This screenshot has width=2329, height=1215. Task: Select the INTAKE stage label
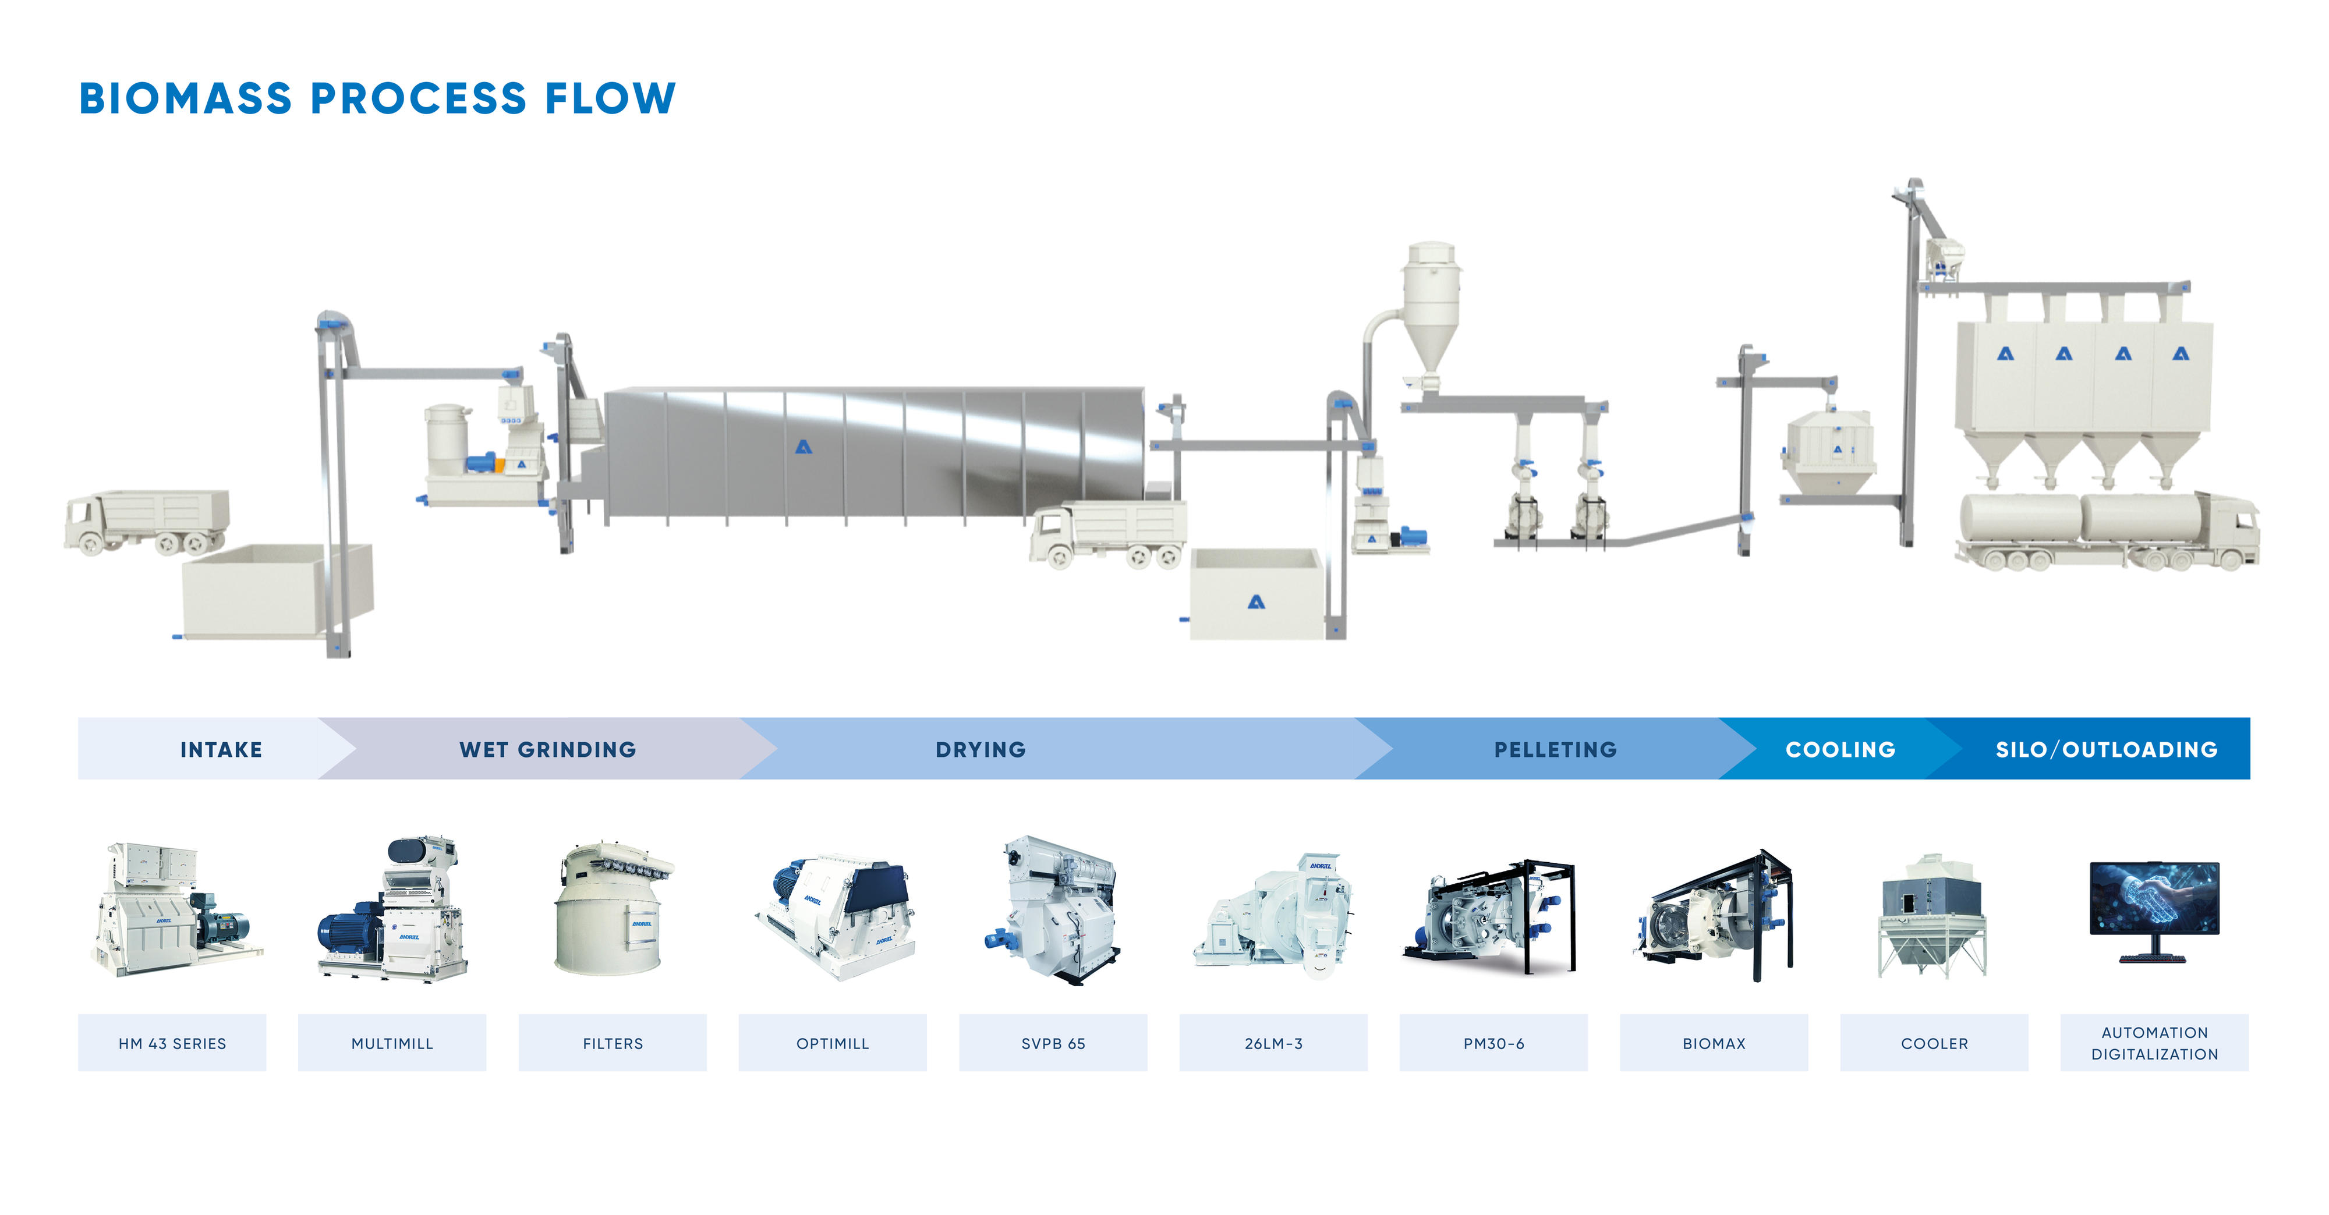coord(221,749)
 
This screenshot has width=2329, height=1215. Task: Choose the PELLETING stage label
coord(1555,749)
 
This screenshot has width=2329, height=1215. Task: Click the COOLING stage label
coord(1840,749)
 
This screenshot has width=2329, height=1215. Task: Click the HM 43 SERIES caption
coord(172,1043)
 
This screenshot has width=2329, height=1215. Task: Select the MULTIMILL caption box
coord(391,1043)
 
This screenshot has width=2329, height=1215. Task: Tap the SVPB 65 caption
coord(1052,1043)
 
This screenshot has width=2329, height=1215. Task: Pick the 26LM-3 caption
coord(1273,1043)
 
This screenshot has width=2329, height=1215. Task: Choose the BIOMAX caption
coord(1714,1043)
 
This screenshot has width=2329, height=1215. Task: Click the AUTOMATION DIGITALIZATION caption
coord(2154,1043)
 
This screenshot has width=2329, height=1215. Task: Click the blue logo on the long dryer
coord(803,447)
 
